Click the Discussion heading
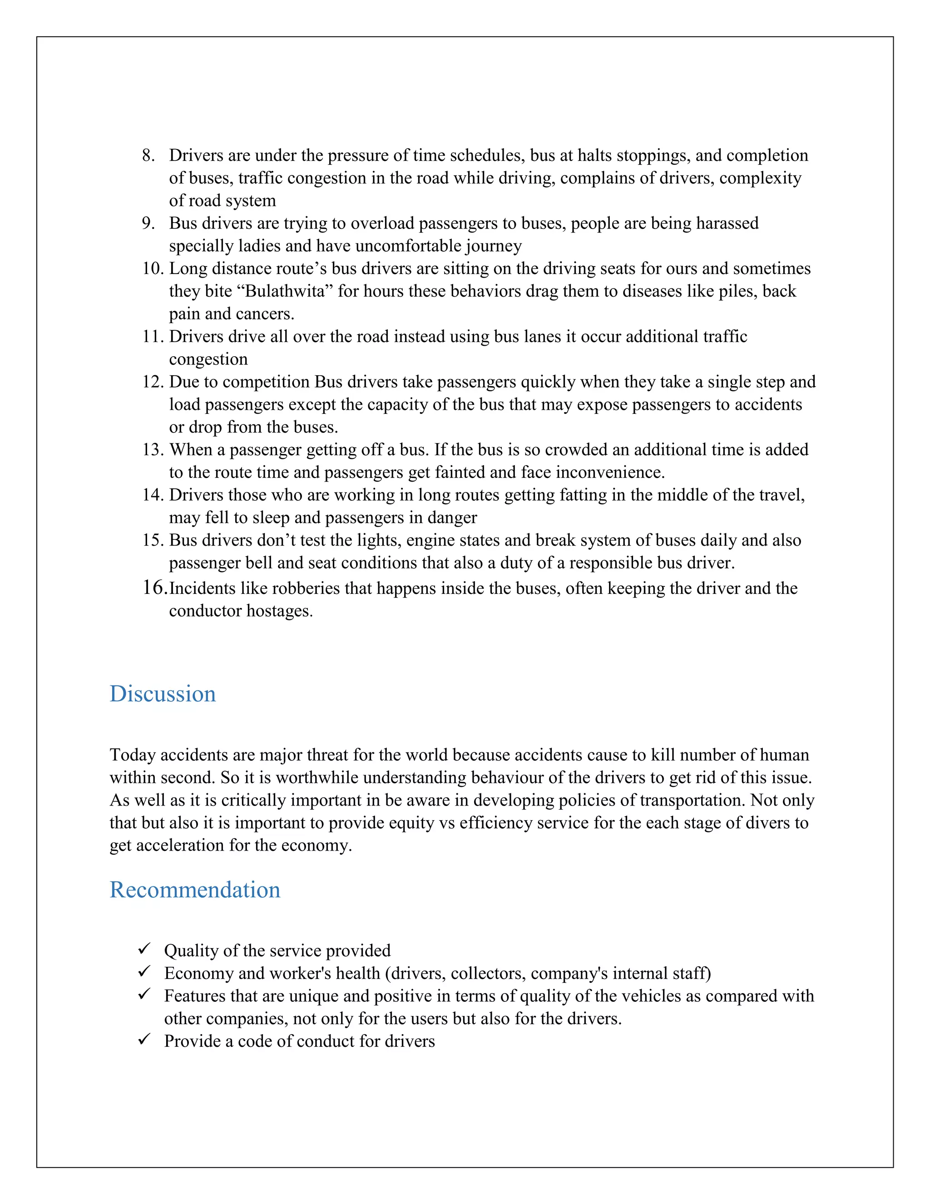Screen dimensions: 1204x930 [x=163, y=693]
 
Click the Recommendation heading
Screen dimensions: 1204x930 [x=194, y=890]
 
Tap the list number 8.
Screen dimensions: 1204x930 [x=148, y=155]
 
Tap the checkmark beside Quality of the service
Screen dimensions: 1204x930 [x=144, y=949]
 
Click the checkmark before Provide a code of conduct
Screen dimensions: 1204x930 [x=144, y=1039]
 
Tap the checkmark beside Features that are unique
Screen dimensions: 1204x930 [x=144, y=994]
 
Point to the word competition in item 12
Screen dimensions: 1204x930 [x=266, y=382]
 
